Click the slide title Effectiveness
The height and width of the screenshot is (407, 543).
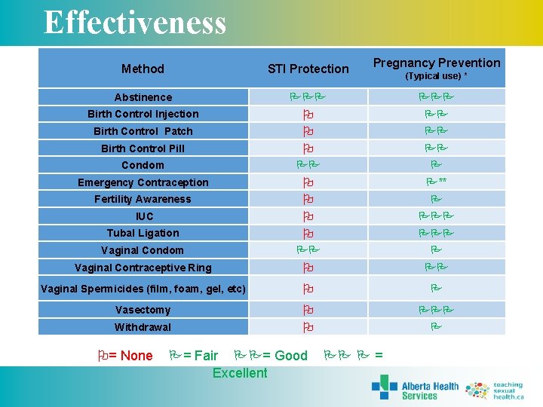coord(135,23)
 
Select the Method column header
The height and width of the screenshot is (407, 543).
coord(143,69)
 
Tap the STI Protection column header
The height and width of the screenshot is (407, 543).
coord(308,69)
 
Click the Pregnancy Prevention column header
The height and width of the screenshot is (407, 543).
coord(437,63)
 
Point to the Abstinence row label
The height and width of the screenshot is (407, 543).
coord(143,97)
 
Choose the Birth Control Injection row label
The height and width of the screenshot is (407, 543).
coord(143,114)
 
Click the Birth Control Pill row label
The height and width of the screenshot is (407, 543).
coord(143,148)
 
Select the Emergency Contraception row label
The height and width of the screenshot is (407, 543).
coord(143,182)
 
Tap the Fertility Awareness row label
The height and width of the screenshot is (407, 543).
coord(143,199)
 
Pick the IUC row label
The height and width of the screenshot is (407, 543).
coord(143,216)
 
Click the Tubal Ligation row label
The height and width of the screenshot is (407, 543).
coord(143,233)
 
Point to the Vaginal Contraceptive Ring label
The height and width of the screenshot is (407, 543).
coord(143,268)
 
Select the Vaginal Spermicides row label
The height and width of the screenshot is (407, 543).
coord(143,289)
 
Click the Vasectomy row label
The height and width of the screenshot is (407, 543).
coord(143,310)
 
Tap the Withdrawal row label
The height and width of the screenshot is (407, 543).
coord(143,327)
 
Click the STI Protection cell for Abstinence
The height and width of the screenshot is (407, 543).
coord(308,97)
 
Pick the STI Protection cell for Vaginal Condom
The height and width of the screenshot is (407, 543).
coord(308,250)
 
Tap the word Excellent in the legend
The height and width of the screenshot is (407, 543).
coord(240,373)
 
